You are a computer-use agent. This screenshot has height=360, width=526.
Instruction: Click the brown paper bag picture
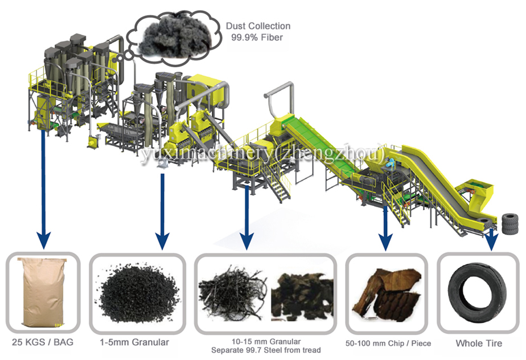[43, 293]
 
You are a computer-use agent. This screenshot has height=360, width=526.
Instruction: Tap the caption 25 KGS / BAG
[43, 342]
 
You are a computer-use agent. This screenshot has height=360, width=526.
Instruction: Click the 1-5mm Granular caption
[134, 342]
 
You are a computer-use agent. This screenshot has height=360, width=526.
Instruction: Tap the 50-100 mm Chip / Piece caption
[388, 343]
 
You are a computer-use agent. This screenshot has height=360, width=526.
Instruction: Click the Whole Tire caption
[479, 343]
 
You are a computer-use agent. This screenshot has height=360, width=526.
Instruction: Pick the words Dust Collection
[258, 26]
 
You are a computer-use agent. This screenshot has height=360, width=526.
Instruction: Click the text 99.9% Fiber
[257, 37]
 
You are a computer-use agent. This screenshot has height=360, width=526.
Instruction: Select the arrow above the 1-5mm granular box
[163, 211]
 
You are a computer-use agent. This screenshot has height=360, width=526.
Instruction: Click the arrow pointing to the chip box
[385, 228]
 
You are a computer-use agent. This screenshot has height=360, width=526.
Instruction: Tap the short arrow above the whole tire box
[492, 239]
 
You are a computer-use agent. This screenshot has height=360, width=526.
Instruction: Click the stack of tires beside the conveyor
[510, 223]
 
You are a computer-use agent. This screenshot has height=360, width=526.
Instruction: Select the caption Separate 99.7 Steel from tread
[266, 350]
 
